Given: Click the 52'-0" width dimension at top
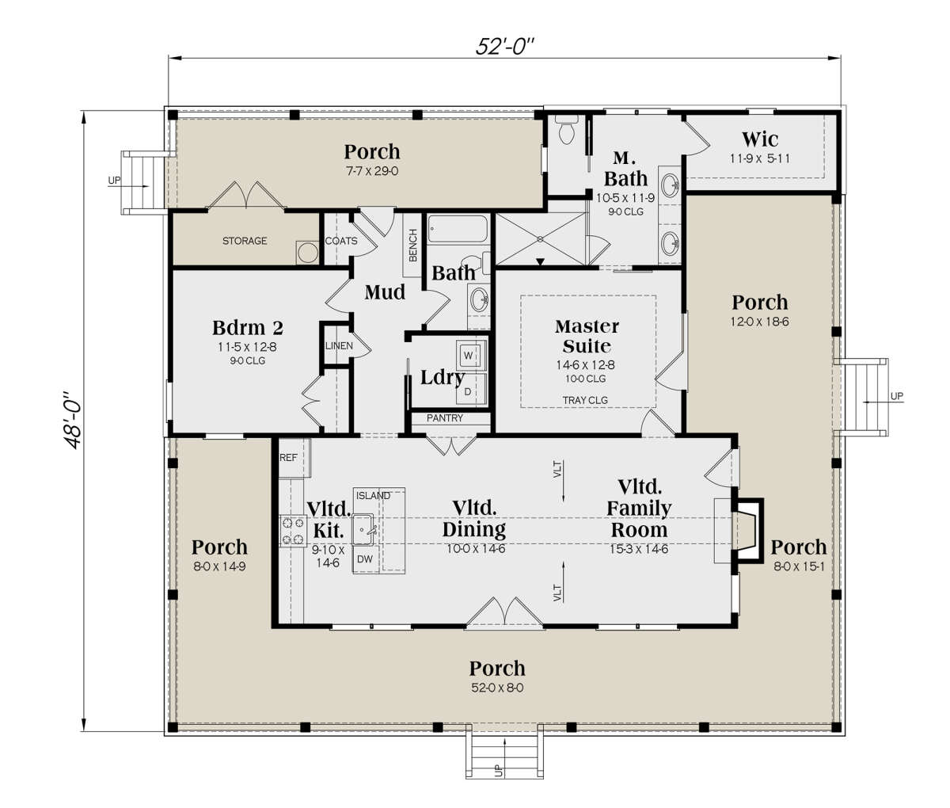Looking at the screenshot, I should [505, 46].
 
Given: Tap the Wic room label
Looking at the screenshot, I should [759, 140].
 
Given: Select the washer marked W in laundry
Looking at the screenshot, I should [469, 356].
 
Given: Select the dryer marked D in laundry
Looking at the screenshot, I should [468, 391].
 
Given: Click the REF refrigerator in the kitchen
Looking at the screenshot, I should [289, 459].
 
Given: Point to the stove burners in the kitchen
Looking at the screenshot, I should [292, 531].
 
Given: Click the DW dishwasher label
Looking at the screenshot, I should [365, 558].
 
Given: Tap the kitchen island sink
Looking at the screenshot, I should [365, 526].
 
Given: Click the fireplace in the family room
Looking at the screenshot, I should [747, 531].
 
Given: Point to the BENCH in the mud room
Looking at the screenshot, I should [412, 245].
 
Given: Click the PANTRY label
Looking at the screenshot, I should [445, 418].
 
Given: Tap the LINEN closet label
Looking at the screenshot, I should [339, 346].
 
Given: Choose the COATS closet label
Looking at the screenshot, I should [341, 241].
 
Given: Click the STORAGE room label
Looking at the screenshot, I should [244, 241].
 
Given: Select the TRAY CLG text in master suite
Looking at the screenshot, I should [585, 400].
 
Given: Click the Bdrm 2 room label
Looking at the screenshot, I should [248, 328].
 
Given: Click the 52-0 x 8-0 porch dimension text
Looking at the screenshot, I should [496, 688].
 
